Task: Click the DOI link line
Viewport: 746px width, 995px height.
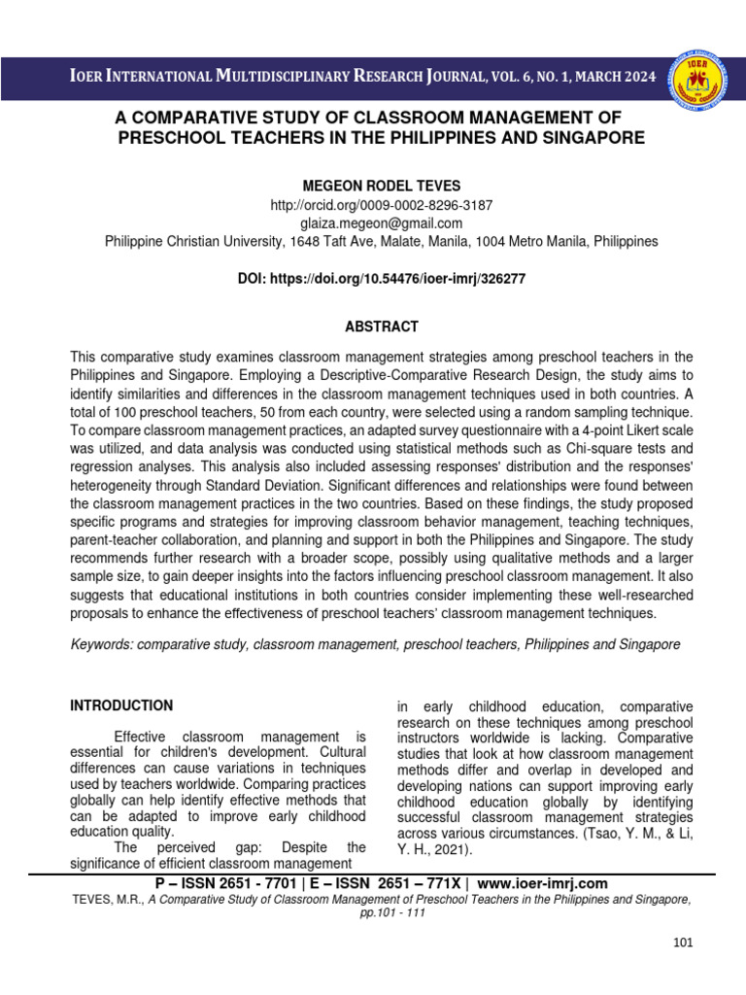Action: tap(381, 278)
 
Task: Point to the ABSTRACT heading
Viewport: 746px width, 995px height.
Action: tap(381, 326)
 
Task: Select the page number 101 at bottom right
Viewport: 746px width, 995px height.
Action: tap(685, 943)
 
